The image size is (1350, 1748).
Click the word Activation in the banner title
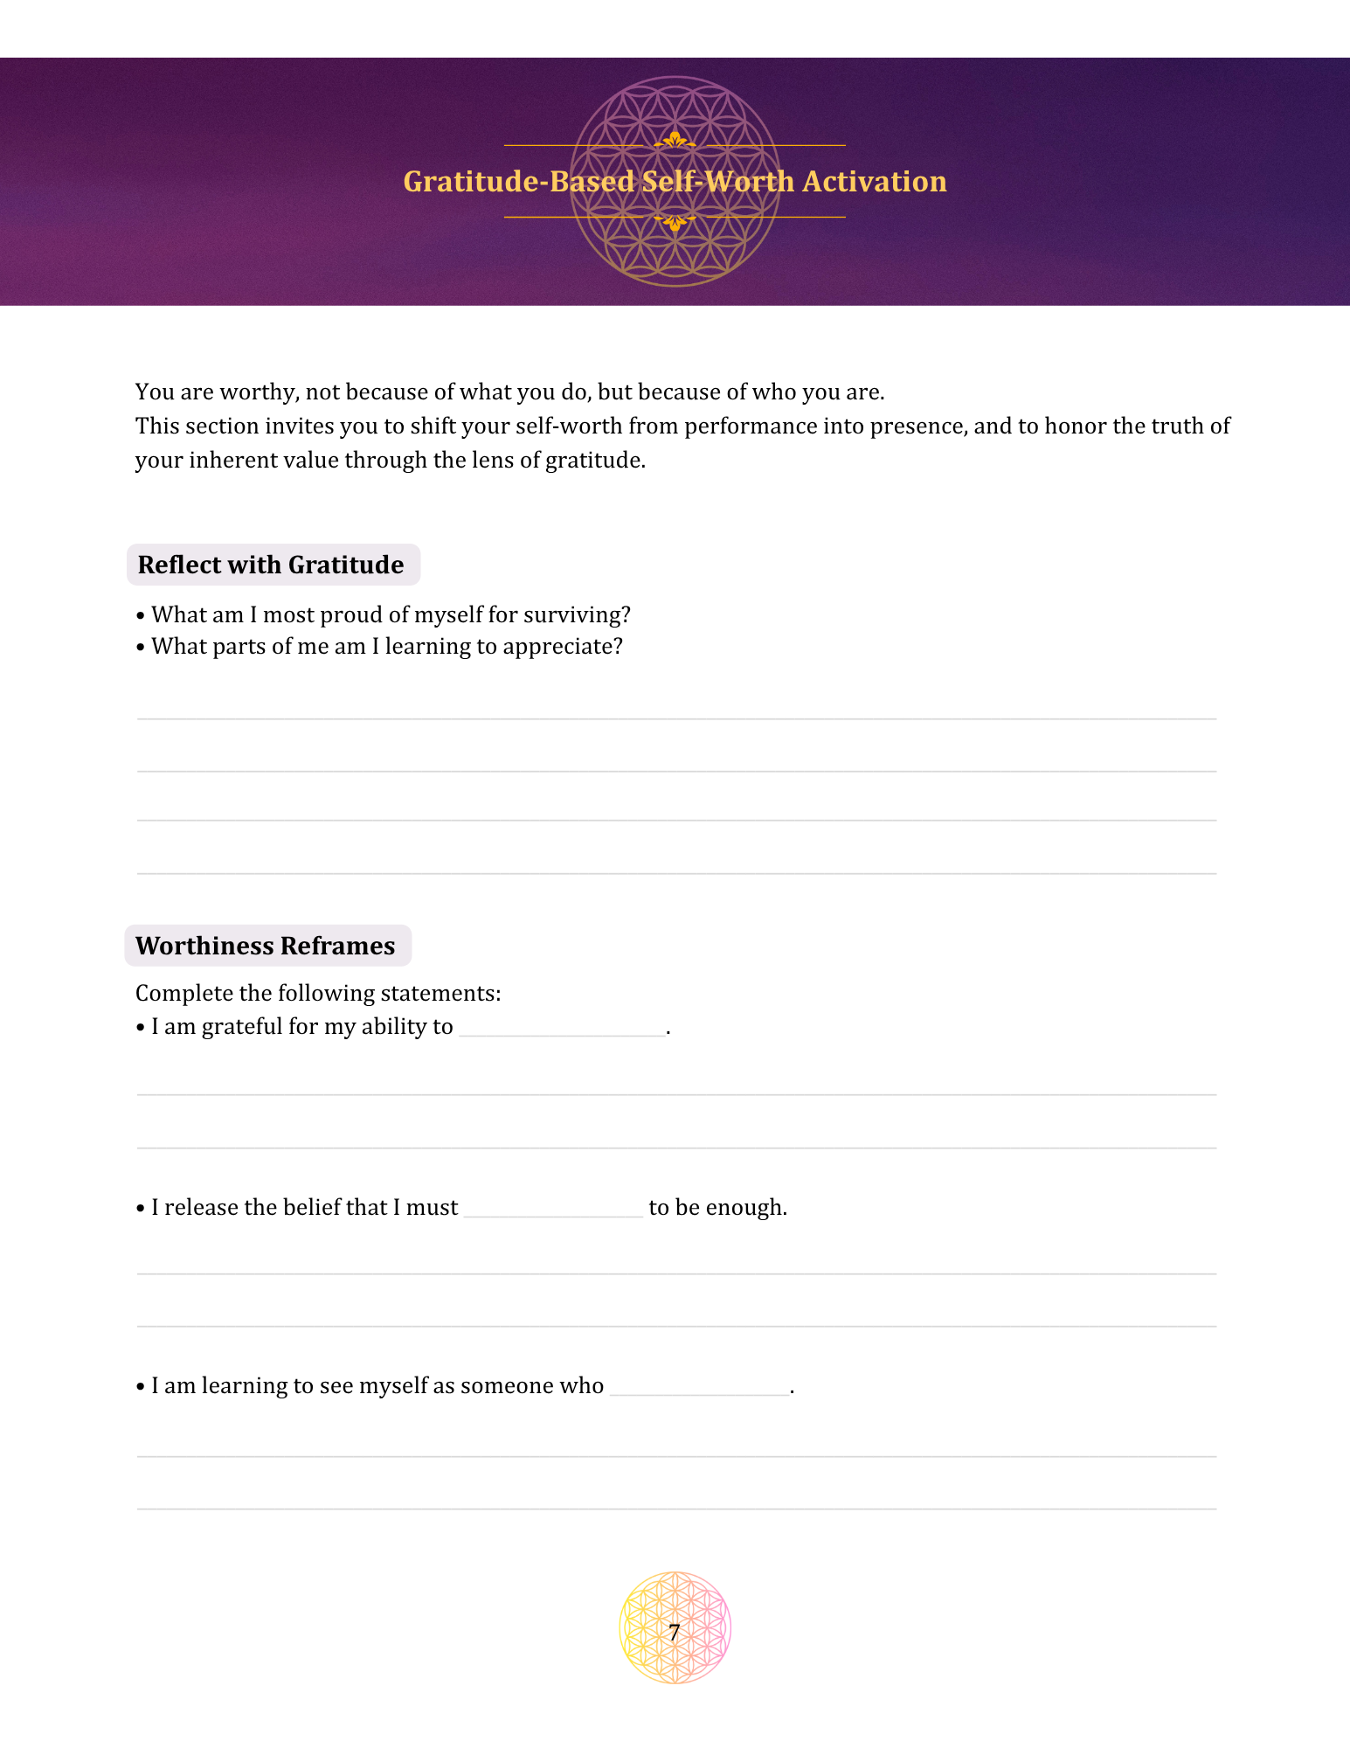[874, 182]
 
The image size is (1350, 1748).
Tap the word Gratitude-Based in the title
[518, 182]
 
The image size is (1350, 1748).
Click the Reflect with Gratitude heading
[271, 565]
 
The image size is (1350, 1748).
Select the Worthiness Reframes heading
[266, 947]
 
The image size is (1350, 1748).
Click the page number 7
[674, 1632]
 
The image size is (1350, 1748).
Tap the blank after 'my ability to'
[561, 1028]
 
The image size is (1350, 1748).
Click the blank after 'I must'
[553, 1209]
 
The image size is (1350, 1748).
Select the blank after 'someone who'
[699, 1387]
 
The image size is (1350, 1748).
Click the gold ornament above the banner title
[675, 140]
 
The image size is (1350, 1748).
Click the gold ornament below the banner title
[675, 222]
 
